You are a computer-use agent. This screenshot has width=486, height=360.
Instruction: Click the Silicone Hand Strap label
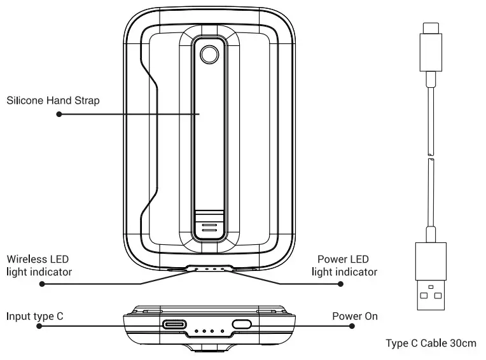pyautogui.click(x=53, y=100)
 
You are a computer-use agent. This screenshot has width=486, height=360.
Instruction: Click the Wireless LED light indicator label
pyautogui.click(x=39, y=266)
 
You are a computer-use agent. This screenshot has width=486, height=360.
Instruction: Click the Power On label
pyautogui.click(x=353, y=315)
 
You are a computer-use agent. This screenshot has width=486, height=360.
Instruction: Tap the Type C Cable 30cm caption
pyautogui.click(x=431, y=343)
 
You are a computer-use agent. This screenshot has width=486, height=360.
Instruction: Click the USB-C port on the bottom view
pyautogui.click(x=176, y=324)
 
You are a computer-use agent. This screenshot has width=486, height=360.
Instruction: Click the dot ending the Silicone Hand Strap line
pyautogui.click(x=59, y=114)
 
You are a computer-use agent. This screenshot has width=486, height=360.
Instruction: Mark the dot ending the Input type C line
pyautogui.click(x=39, y=325)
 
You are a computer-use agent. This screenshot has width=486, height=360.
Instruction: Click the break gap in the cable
pyautogui.click(x=430, y=157)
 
